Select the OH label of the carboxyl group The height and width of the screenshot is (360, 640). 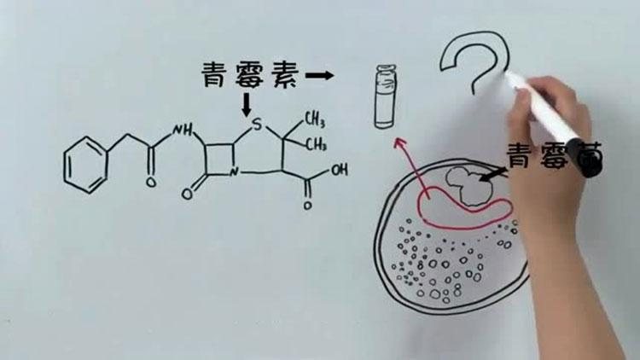338,170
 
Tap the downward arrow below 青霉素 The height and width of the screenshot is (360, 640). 247,106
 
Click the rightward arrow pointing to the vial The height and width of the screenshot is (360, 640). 319,76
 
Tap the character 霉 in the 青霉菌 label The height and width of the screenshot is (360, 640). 559,157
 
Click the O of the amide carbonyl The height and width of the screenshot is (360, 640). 151,183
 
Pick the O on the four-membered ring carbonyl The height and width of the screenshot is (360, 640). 189,193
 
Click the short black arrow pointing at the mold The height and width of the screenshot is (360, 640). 492,174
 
